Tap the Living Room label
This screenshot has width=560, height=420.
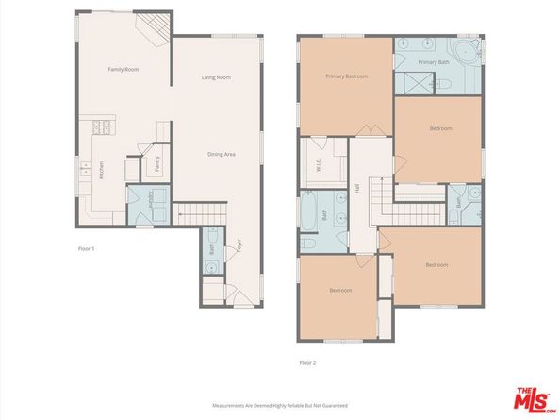point(217,77)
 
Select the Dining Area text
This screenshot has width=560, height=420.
point(222,152)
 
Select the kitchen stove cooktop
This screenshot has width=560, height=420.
point(100,127)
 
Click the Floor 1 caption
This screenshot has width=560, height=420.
point(87,248)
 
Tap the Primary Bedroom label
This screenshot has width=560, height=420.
point(346,76)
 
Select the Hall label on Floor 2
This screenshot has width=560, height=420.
point(358,188)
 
